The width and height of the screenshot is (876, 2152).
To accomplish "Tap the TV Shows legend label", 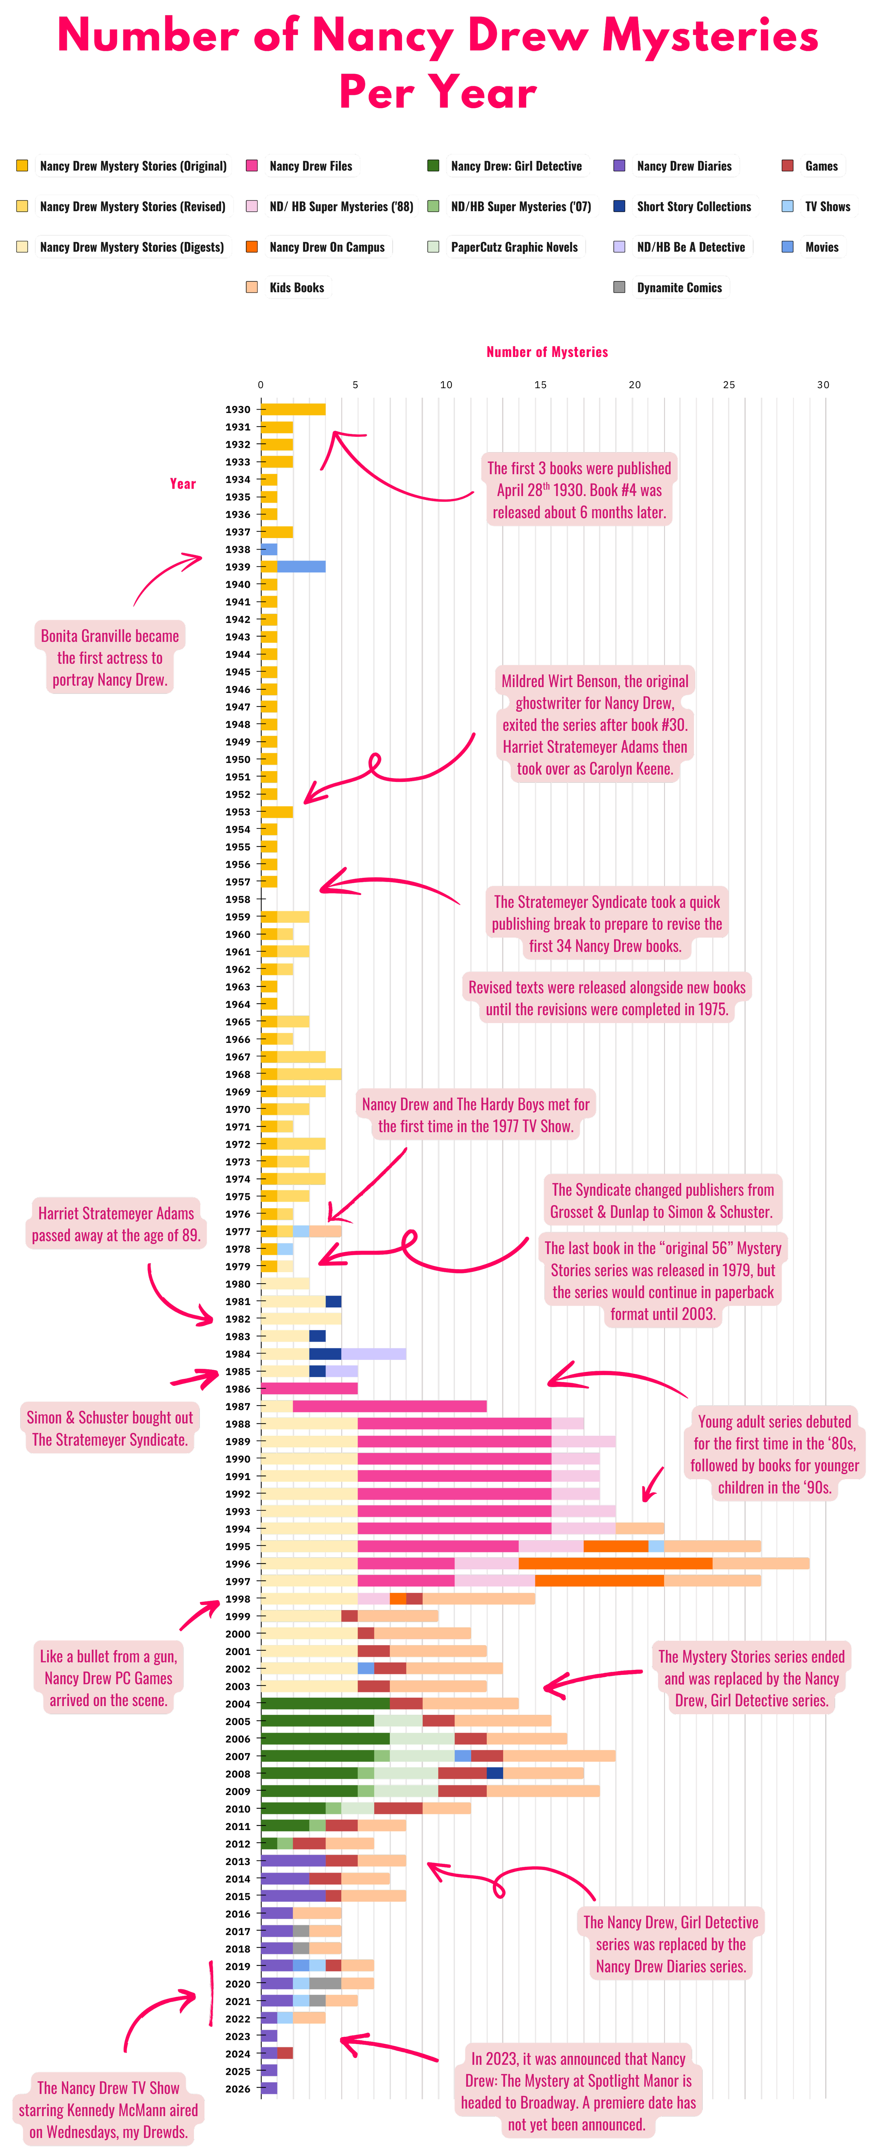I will (828, 206).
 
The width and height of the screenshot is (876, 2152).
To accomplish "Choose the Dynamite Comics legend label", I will (679, 287).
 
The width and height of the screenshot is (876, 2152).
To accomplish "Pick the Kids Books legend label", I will (297, 287).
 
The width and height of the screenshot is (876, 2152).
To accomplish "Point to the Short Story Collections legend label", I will (694, 206).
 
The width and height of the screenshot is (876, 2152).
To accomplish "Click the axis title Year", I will (182, 484).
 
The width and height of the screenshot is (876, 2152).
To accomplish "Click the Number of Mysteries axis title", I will (547, 352).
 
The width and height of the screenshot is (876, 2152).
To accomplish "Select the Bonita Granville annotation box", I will (109, 658).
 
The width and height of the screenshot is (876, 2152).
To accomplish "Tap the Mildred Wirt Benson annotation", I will (594, 724).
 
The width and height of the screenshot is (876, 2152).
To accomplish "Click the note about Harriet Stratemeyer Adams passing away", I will (116, 1224).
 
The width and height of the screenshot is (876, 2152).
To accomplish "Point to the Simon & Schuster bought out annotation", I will (109, 1428).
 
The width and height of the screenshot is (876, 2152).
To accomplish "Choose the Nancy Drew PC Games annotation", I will (108, 1677).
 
